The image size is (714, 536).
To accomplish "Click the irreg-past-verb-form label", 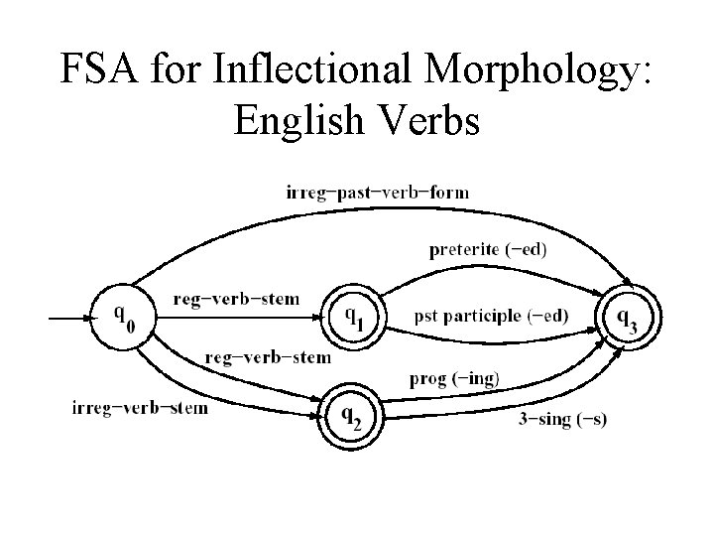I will pos(377,192).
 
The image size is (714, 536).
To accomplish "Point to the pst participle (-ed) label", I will pos(491,316).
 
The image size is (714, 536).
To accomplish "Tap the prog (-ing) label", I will pos(455,378).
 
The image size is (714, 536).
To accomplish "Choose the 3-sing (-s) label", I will pos(561,419).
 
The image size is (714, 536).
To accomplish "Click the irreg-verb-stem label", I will pos(140,407).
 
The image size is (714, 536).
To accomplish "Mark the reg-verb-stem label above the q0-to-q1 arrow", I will pos(235,298).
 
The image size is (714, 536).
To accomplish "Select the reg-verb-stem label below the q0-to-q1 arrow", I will pos(267,356).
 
